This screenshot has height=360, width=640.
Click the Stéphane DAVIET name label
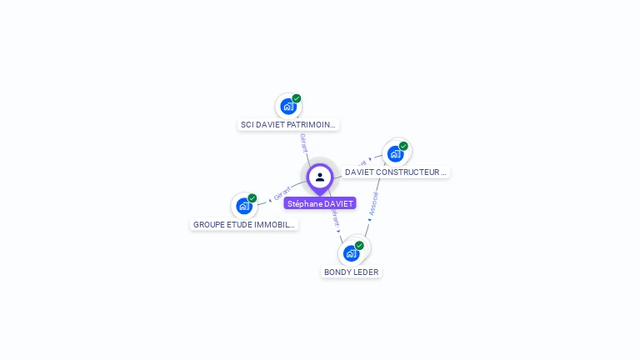click(320, 203)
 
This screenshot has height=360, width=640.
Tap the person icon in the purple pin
click(320, 177)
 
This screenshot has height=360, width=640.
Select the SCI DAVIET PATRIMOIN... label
click(287, 125)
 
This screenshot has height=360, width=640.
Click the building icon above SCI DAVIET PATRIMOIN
click(287, 107)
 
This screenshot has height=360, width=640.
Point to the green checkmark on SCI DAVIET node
click(297, 98)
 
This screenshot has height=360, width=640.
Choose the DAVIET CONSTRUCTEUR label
click(396, 172)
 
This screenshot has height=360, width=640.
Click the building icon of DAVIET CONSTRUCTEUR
click(395, 154)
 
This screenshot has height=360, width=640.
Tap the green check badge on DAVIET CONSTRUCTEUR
click(403, 147)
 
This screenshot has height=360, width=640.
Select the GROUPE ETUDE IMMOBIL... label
click(244, 225)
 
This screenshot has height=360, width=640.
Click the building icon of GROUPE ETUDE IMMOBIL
click(243, 206)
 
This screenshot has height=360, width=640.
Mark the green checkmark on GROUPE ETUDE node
click(252, 198)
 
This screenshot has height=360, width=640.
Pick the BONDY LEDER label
click(351, 272)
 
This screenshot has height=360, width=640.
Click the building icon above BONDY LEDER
click(351, 252)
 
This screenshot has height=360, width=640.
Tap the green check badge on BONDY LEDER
click(359, 245)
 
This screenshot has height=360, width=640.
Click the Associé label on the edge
click(373, 204)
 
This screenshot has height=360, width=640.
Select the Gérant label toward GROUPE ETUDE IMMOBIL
click(282, 194)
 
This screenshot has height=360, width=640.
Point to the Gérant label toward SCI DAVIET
click(304, 142)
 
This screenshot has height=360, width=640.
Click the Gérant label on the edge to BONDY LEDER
click(335, 218)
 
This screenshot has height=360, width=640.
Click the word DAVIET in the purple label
click(339, 203)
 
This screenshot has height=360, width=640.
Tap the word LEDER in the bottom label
click(363, 272)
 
